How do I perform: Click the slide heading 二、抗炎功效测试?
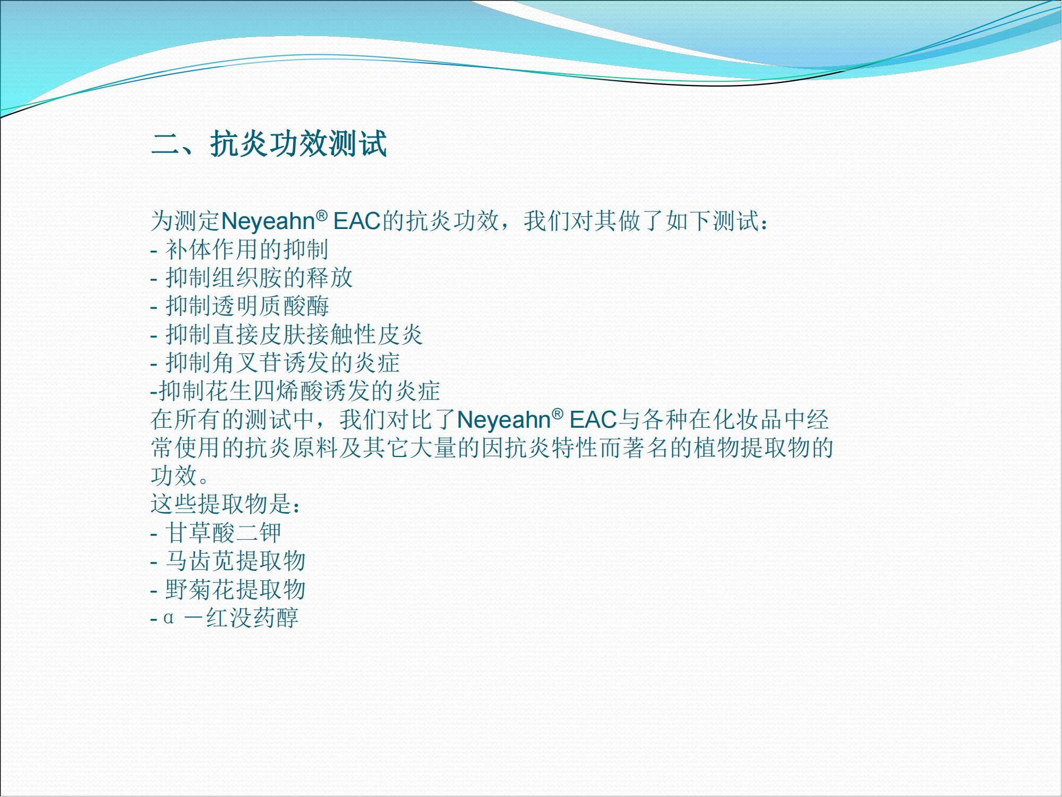(269, 143)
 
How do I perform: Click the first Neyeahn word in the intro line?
(267, 222)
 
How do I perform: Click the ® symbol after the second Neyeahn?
(558, 413)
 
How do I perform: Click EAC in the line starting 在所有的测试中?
(593, 420)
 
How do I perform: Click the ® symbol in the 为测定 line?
(321, 215)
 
